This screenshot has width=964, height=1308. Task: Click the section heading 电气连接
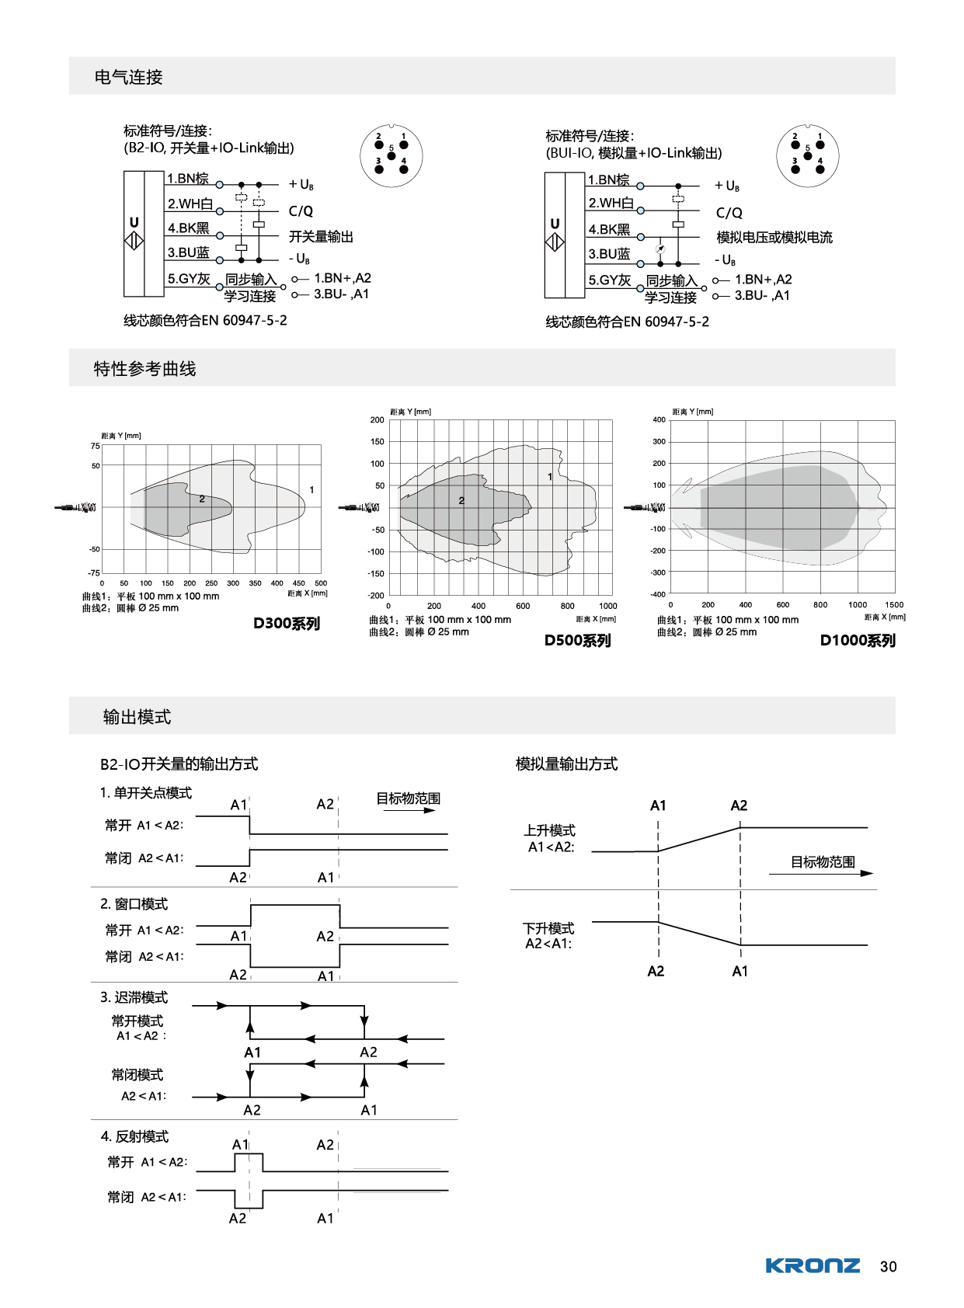click(x=128, y=77)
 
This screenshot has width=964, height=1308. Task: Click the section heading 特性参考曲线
click(x=144, y=368)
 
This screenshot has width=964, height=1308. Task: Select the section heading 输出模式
click(x=137, y=716)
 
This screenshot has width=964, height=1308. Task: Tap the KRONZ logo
click(x=813, y=1265)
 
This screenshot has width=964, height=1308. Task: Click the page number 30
click(x=888, y=1266)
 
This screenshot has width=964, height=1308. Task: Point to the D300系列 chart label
click(x=287, y=623)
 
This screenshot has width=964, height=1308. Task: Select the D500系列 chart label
click(x=577, y=640)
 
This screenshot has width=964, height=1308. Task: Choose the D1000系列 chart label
click(x=858, y=640)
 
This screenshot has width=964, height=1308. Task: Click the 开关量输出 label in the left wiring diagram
click(x=321, y=236)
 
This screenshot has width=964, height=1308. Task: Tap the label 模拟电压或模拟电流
click(x=774, y=237)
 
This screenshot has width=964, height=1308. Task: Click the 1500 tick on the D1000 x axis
click(x=894, y=604)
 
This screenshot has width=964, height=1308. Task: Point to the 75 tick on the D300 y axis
click(x=95, y=446)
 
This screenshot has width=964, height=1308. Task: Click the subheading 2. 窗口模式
click(x=134, y=903)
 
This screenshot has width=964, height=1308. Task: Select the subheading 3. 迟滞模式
click(x=134, y=997)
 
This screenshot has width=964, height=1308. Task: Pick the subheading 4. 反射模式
click(x=134, y=1136)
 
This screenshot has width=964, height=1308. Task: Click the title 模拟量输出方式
click(x=566, y=764)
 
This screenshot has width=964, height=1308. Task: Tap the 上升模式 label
click(x=549, y=830)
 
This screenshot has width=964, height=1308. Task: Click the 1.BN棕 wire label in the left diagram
click(x=188, y=178)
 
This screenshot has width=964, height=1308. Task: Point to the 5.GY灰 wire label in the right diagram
click(x=609, y=280)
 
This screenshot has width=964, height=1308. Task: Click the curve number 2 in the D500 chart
click(x=461, y=500)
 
